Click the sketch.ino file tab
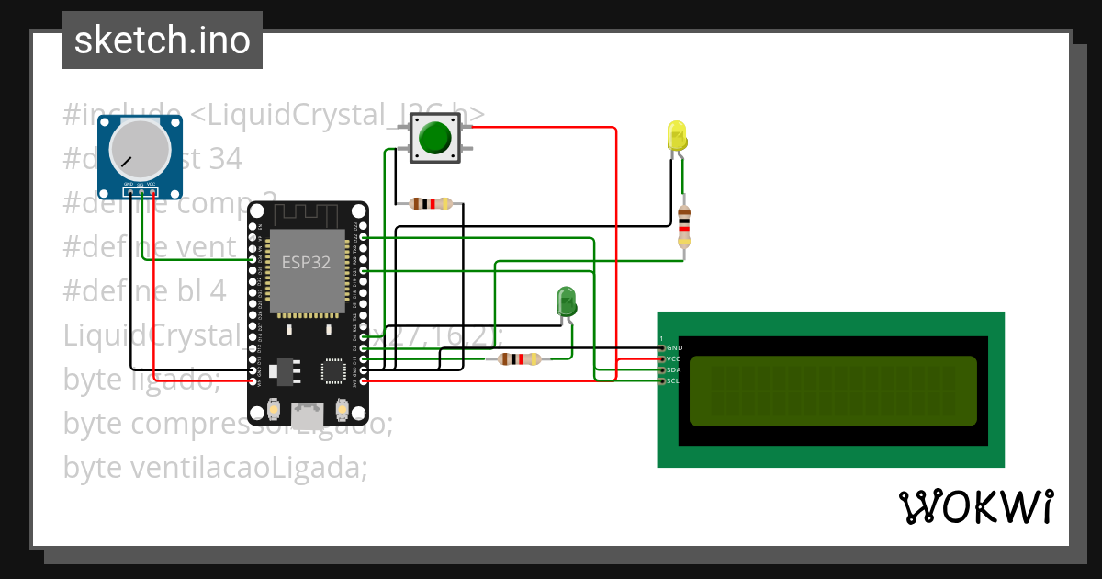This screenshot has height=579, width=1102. click(163, 40)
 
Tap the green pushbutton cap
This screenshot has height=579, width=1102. click(434, 139)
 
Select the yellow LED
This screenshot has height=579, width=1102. click(677, 137)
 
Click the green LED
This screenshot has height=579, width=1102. click(566, 301)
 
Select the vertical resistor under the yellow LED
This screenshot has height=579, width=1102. click(683, 226)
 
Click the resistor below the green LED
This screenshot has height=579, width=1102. click(519, 359)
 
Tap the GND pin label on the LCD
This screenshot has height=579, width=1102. click(674, 348)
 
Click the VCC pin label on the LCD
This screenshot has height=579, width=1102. click(674, 359)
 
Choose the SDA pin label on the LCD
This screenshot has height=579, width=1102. click(674, 370)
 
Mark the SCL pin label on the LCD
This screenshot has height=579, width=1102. click(674, 381)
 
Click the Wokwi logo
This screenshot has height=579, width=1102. click(975, 506)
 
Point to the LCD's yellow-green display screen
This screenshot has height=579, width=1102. click(833, 391)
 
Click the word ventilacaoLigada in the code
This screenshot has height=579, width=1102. click(247, 468)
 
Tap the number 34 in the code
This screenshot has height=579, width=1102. click(225, 159)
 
